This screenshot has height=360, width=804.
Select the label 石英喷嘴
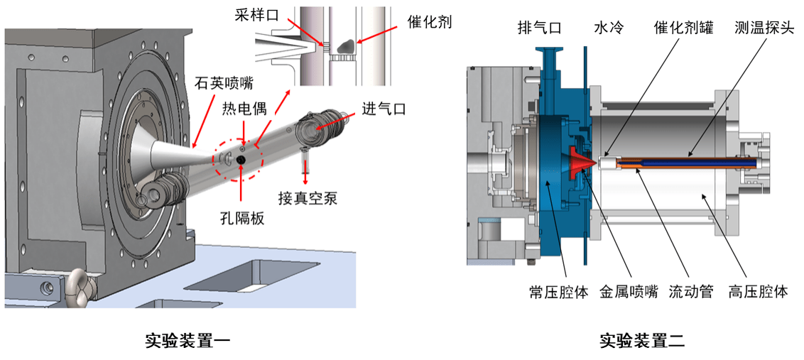[x=224, y=84]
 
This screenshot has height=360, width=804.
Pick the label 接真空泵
[x=308, y=198]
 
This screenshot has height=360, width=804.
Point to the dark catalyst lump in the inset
[x=344, y=45]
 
